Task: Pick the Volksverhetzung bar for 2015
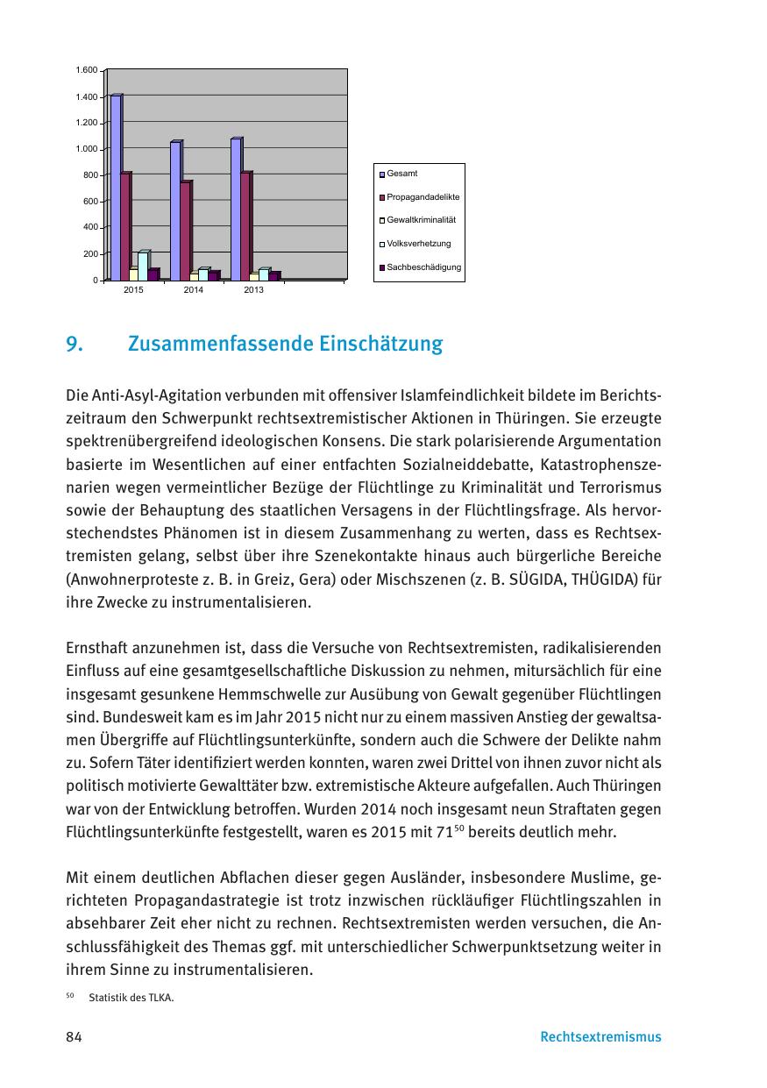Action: (143, 266)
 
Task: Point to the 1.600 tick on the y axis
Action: (86, 69)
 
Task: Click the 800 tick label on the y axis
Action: (90, 174)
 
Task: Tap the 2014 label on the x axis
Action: (194, 289)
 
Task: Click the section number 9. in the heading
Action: (74, 345)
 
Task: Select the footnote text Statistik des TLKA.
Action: (125, 996)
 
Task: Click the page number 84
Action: (74, 1037)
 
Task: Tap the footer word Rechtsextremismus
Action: (600, 1037)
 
